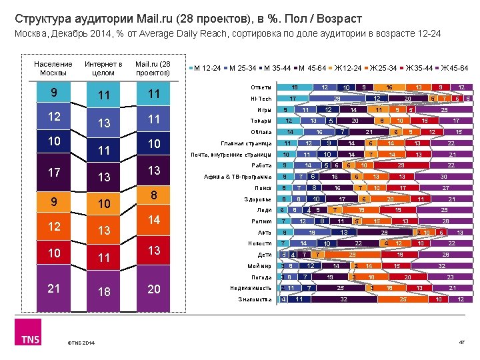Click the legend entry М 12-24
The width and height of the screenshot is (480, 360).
pos(207,68)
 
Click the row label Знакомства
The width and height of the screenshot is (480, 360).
pos(255,299)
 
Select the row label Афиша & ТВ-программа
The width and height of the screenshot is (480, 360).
pos(238,177)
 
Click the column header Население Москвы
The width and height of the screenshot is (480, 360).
pos(53,68)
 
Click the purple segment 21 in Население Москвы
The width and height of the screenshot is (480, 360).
pos(53,289)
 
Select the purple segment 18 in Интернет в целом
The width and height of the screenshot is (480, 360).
pos(103,293)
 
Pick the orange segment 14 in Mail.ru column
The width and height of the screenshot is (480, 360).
pos(153,220)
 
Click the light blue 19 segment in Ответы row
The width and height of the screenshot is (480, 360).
pos(294,87)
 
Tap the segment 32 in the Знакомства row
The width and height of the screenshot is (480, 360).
pos(344,299)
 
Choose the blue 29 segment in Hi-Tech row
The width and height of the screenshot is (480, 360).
pos(337,99)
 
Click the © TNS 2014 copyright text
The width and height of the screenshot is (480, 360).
pos(81,343)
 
